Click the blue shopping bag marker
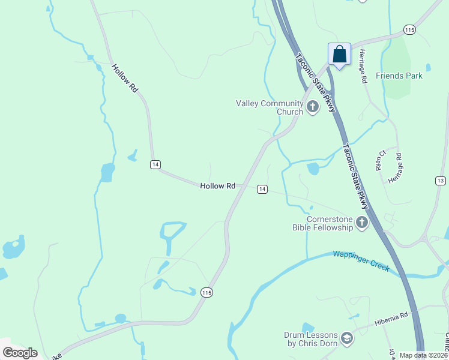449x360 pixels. click(339, 54)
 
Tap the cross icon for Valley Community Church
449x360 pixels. click(312, 107)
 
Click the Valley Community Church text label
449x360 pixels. click(270, 107)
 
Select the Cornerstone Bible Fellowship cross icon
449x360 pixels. click(361, 223)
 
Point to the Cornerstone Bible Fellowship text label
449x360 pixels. click(322, 223)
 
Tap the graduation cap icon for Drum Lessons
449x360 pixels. click(346, 339)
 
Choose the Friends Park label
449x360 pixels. click(399, 76)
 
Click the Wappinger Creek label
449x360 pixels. click(361, 260)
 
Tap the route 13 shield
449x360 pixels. click(441, 181)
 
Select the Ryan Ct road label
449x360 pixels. click(380, 160)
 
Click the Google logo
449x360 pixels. click(20, 352)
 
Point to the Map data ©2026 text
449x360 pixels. click(423, 355)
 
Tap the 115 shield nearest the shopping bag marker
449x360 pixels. click(409, 29)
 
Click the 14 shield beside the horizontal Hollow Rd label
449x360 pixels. click(262, 189)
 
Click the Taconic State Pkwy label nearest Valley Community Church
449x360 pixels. click(313, 76)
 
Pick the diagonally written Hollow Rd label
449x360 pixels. click(125, 78)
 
